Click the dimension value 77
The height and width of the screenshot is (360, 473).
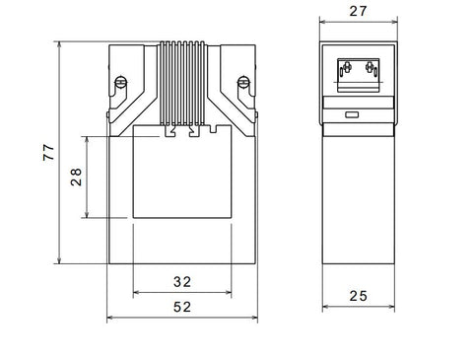(48, 152)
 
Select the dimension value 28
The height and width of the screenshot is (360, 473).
(76, 177)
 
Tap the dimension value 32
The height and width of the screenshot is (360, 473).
(182, 282)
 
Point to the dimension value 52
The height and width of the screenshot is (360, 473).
(182, 307)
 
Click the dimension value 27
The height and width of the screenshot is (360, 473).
(358, 11)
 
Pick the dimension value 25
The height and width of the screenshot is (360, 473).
(358, 296)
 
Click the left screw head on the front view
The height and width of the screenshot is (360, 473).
(120, 82)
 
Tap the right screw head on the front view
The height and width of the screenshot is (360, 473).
(243, 82)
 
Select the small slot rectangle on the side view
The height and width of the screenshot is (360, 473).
(352, 114)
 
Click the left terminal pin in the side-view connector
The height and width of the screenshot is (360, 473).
(347, 67)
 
